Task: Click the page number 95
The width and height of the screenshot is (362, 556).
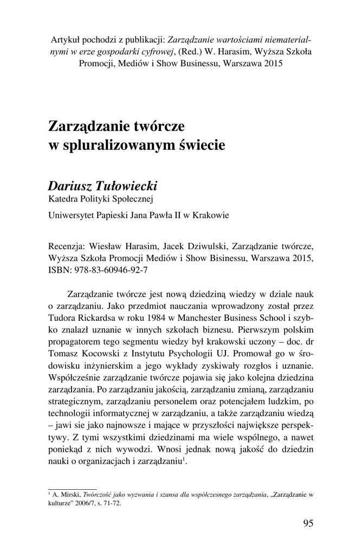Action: [307, 523]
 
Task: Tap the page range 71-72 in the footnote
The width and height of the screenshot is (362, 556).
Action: [112, 503]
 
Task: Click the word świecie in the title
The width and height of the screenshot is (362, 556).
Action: [201, 146]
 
